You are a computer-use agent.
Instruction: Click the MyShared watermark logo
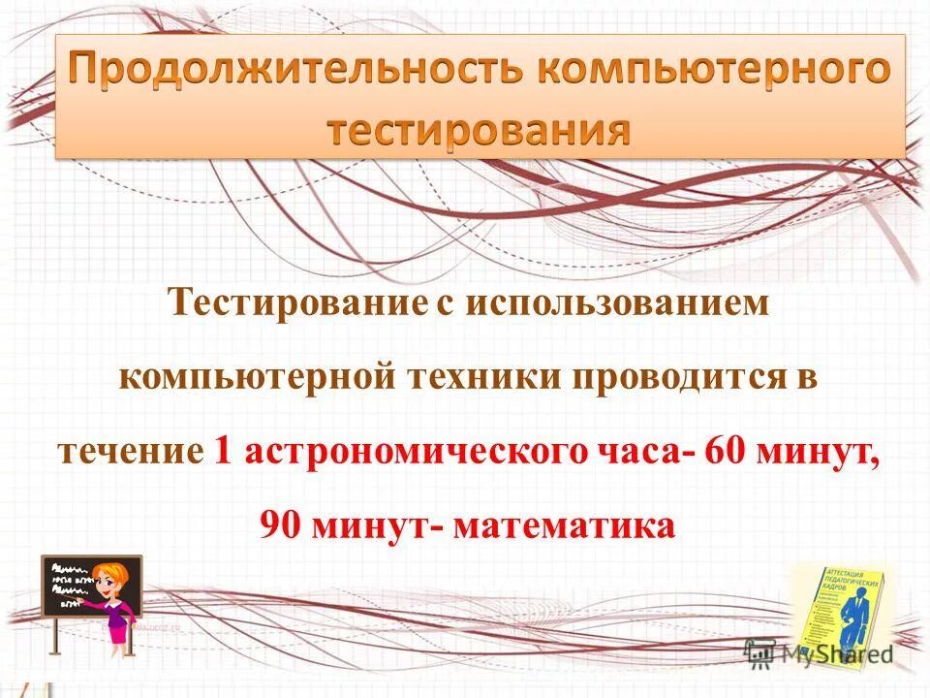point(820,653)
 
